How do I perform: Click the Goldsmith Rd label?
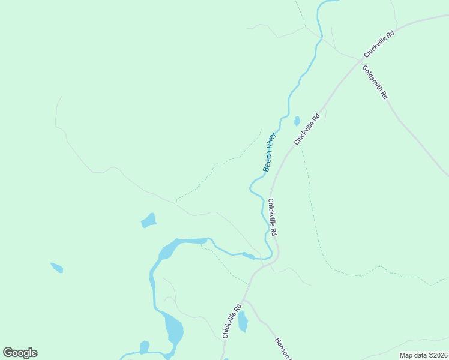pyautogui.click(x=375, y=82)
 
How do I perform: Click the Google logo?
pyautogui.click(x=20, y=353)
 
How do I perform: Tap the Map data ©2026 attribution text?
pyautogui.click(x=423, y=355)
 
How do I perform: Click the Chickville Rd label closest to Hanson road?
pyautogui.click(x=232, y=322)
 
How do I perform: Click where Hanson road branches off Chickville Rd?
pyautogui.click(x=244, y=299)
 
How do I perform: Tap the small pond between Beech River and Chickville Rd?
pyautogui.click(x=297, y=121)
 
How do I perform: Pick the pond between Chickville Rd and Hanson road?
pyautogui.click(x=243, y=322)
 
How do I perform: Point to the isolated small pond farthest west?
pyautogui.click(x=56, y=267)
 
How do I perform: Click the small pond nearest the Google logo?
pyautogui.click(x=144, y=347)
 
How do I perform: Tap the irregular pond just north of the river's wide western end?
pyautogui.click(x=149, y=221)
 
